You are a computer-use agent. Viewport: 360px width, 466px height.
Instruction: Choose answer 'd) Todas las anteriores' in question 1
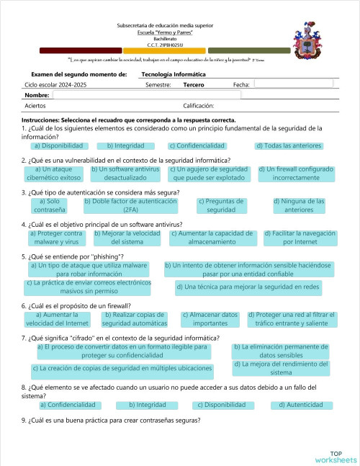288,145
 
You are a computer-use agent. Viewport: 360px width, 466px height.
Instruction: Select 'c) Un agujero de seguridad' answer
209,174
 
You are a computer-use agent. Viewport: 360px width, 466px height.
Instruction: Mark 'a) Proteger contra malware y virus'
56,238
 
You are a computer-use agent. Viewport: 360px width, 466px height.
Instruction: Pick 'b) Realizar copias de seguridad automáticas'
135,319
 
